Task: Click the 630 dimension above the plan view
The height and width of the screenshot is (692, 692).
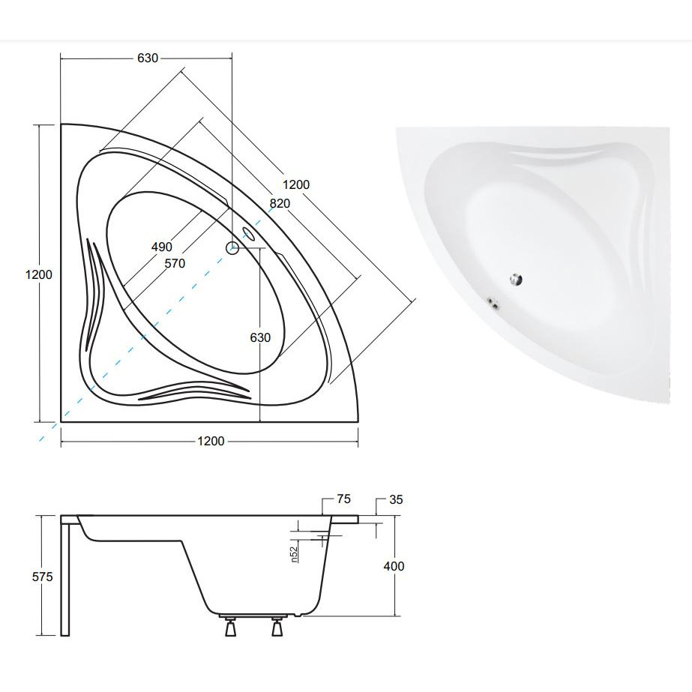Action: click(148, 58)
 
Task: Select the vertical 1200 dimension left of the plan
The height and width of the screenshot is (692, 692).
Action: click(39, 274)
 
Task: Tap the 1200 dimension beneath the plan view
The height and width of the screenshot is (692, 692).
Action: click(211, 441)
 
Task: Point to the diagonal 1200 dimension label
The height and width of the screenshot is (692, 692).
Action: click(296, 184)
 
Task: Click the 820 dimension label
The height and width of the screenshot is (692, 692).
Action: click(280, 203)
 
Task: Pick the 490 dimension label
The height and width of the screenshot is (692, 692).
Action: click(161, 247)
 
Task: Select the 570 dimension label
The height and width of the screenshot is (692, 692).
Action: click(175, 263)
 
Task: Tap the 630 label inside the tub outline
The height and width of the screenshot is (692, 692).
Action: click(260, 337)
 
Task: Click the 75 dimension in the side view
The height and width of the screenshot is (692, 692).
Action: click(343, 499)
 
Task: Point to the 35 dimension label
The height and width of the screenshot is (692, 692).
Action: click(396, 499)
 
